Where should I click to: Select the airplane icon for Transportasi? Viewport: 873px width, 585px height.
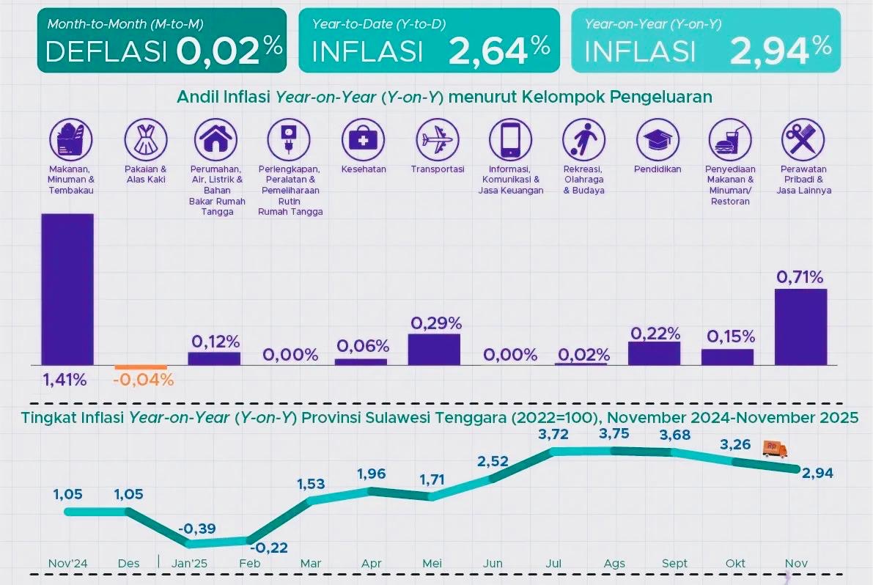tap(438, 138)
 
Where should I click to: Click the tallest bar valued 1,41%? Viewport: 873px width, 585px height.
tap(67, 289)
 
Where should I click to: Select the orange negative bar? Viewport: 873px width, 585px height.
tap(141, 367)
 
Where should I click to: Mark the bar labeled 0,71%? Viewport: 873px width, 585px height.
tap(800, 326)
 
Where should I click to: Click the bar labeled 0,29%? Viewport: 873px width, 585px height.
tap(434, 349)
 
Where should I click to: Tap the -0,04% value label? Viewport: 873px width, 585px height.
tap(144, 380)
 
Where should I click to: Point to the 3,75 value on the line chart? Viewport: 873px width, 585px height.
tap(614, 434)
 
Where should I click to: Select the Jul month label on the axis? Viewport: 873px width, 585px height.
tap(553, 563)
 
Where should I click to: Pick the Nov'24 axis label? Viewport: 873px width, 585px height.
tap(67, 563)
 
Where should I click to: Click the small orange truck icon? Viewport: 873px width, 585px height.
tap(774, 449)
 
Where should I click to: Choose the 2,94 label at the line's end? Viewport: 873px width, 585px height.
tap(819, 474)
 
